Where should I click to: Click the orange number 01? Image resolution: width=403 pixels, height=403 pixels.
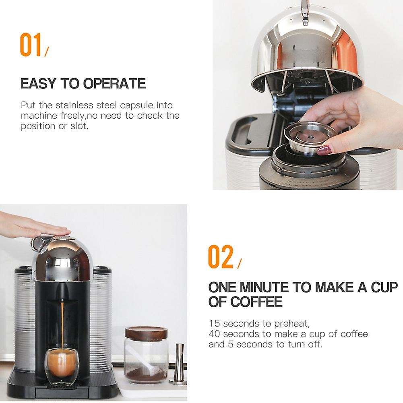pos(31,45)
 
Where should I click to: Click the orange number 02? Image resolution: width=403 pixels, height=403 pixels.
pos(220,256)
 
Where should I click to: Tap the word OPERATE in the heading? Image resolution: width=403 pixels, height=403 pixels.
pos(114,84)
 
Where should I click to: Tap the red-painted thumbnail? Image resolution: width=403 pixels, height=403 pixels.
pos(324,151)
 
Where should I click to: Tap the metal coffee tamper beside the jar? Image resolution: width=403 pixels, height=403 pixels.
pos(179,364)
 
